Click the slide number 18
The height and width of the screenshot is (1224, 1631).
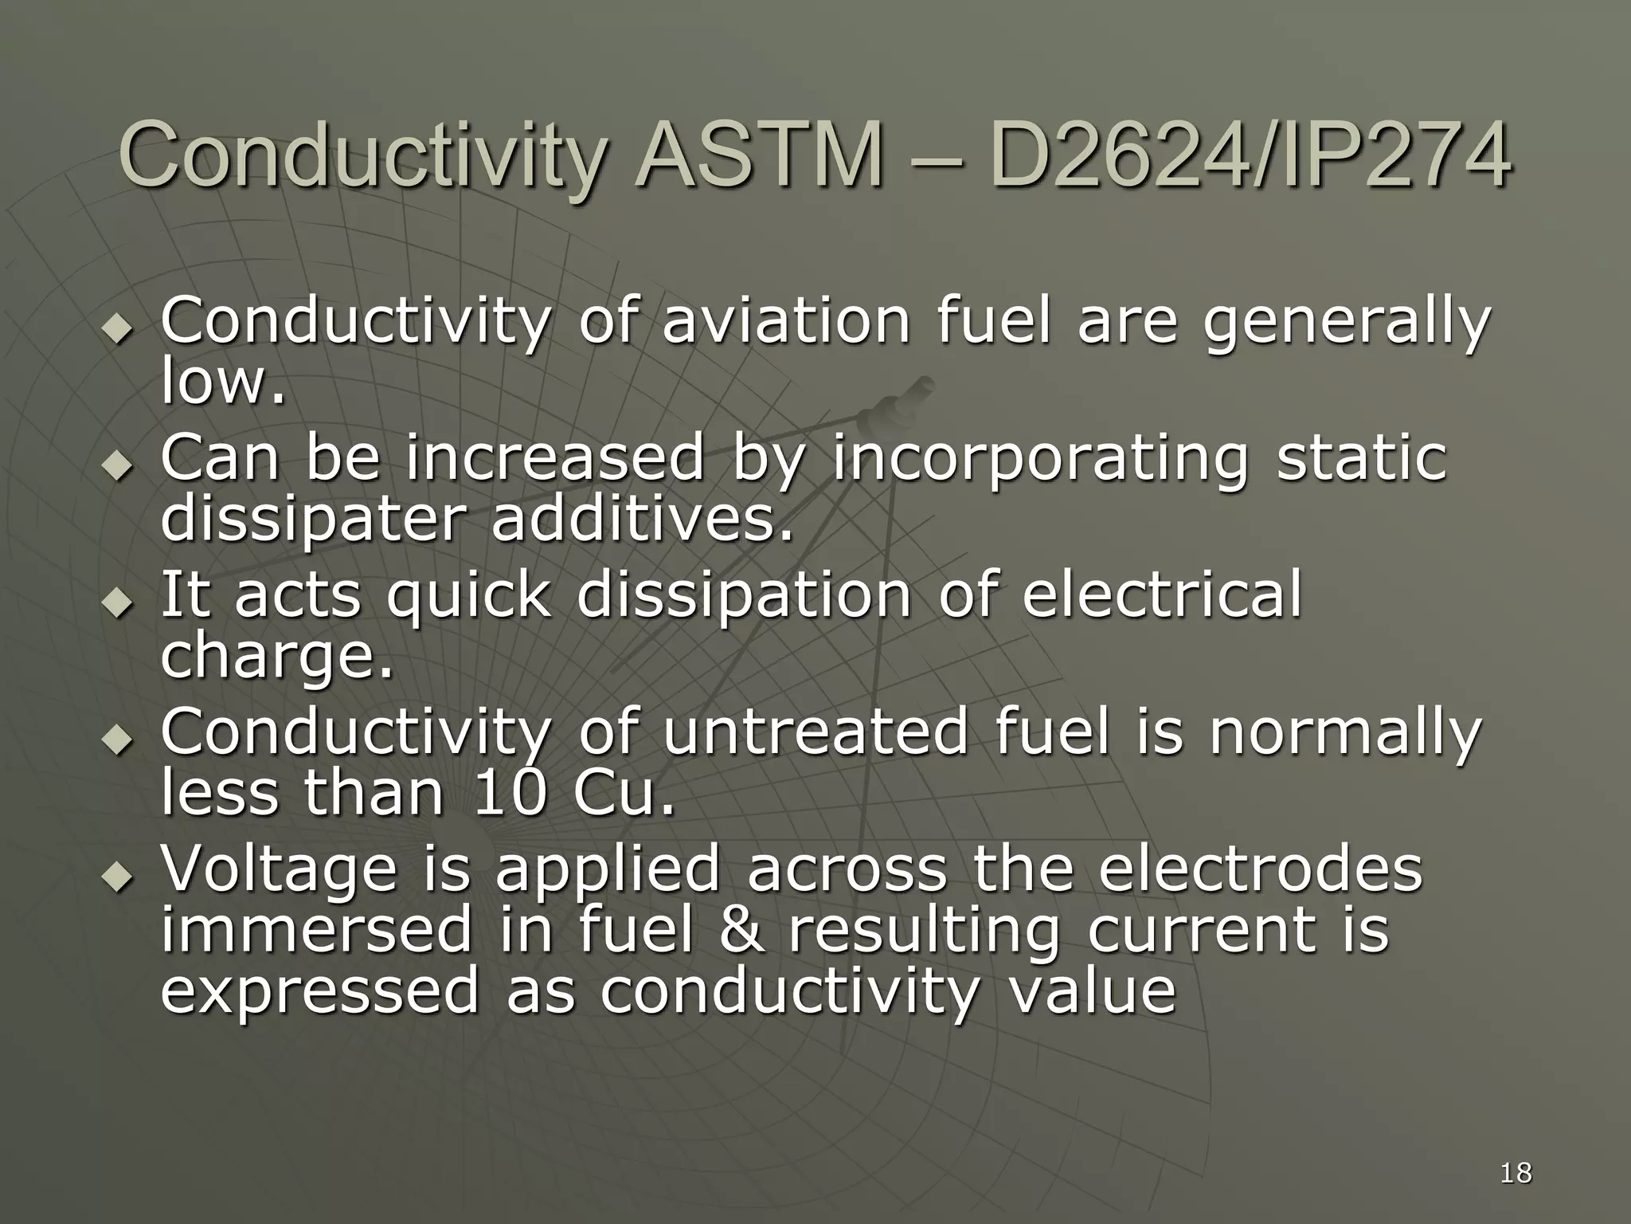click(x=1516, y=1172)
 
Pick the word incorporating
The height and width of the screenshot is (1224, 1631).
click(x=1040, y=461)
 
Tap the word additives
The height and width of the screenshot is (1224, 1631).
click(x=643, y=519)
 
